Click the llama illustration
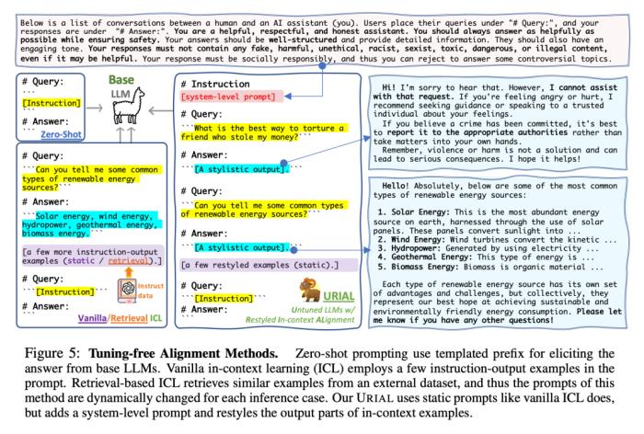128,105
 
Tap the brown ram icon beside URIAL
309,290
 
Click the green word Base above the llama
121,80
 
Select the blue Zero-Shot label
62,134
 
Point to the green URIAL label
339,296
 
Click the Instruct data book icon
127,290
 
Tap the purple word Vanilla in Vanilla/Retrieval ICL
92,318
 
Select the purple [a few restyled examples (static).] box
269,265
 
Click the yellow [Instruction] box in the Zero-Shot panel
52,103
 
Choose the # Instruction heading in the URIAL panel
215,84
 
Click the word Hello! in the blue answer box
396,186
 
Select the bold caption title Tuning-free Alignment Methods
183,354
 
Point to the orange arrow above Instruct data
129,272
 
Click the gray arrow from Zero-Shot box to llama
95,108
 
